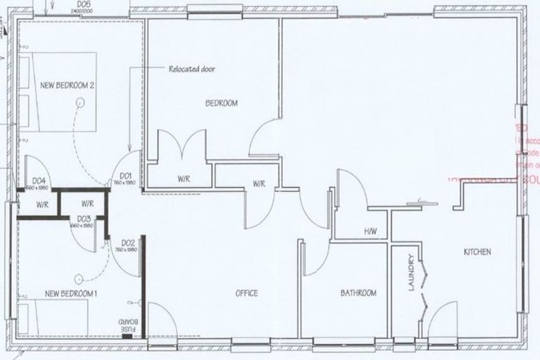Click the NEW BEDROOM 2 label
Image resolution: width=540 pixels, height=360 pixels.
point(67,85)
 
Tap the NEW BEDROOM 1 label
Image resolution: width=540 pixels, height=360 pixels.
point(70,292)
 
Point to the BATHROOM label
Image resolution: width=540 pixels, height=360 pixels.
point(359,293)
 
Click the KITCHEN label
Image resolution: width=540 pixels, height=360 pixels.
point(476,252)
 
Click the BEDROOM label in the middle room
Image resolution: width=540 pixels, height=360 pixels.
point(221,103)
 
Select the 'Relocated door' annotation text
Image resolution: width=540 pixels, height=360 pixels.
point(191,70)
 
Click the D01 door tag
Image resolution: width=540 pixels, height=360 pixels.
point(126,175)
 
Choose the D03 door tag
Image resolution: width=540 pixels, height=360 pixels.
point(84,219)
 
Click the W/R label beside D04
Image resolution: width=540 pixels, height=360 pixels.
point(41,205)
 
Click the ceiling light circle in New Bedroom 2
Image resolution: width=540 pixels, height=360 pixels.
point(79,103)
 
